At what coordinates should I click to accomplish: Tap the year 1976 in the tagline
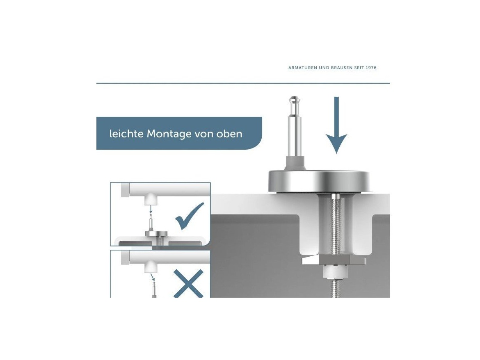pyautogui.click(x=371, y=68)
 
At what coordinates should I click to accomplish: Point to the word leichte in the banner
pyautogui.click(x=126, y=134)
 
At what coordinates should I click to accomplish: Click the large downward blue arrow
pyautogui.click(x=336, y=125)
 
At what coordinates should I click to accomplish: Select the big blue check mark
pyautogui.click(x=189, y=216)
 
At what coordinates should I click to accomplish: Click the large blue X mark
pyautogui.click(x=188, y=284)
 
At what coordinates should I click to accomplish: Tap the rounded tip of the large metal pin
pyautogui.click(x=295, y=100)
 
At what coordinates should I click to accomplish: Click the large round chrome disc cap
pyautogui.click(x=319, y=181)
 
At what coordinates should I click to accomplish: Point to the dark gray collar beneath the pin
pyautogui.click(x=295, y=162)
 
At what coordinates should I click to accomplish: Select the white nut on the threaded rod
pyautogui.click(x=336, y=271)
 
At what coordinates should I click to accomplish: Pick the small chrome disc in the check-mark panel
pyautogui.click(x=156, y=233)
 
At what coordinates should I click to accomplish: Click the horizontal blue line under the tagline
pyautogui.click(x=243, y=83)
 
